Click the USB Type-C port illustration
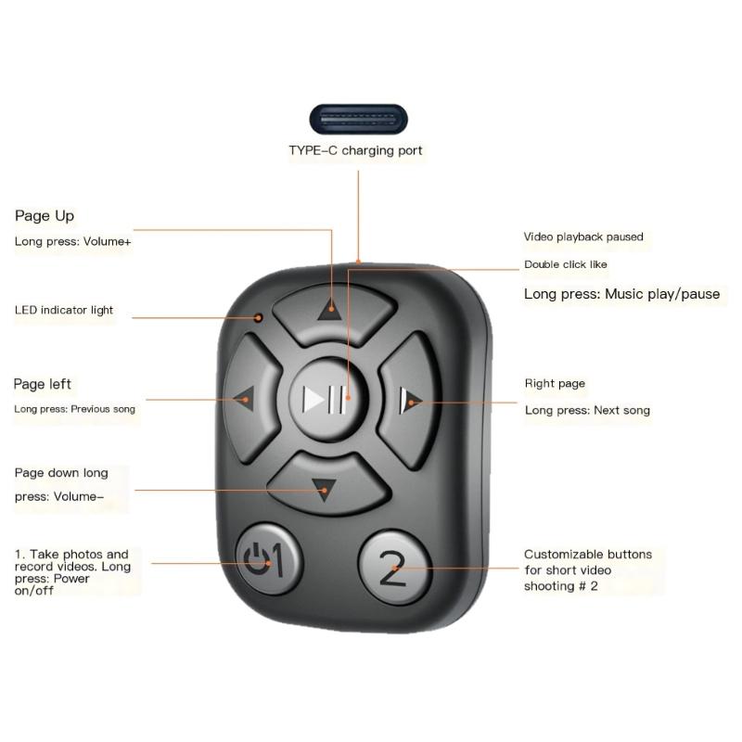[x=357, y=121]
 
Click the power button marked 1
[x=268, y=561]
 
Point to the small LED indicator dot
[x=260, y=318]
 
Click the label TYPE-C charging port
[x=356, y=150]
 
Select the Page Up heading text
[x=45, y=216]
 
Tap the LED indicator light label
[x=64, y=310]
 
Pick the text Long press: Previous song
[x=74, y=409]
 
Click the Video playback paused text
[x=583, y=237]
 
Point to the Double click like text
[x=566, y=264]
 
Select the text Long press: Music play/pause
[x=621, y=294]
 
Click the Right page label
[x=555, y=383]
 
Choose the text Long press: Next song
[x=587, y=410]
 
